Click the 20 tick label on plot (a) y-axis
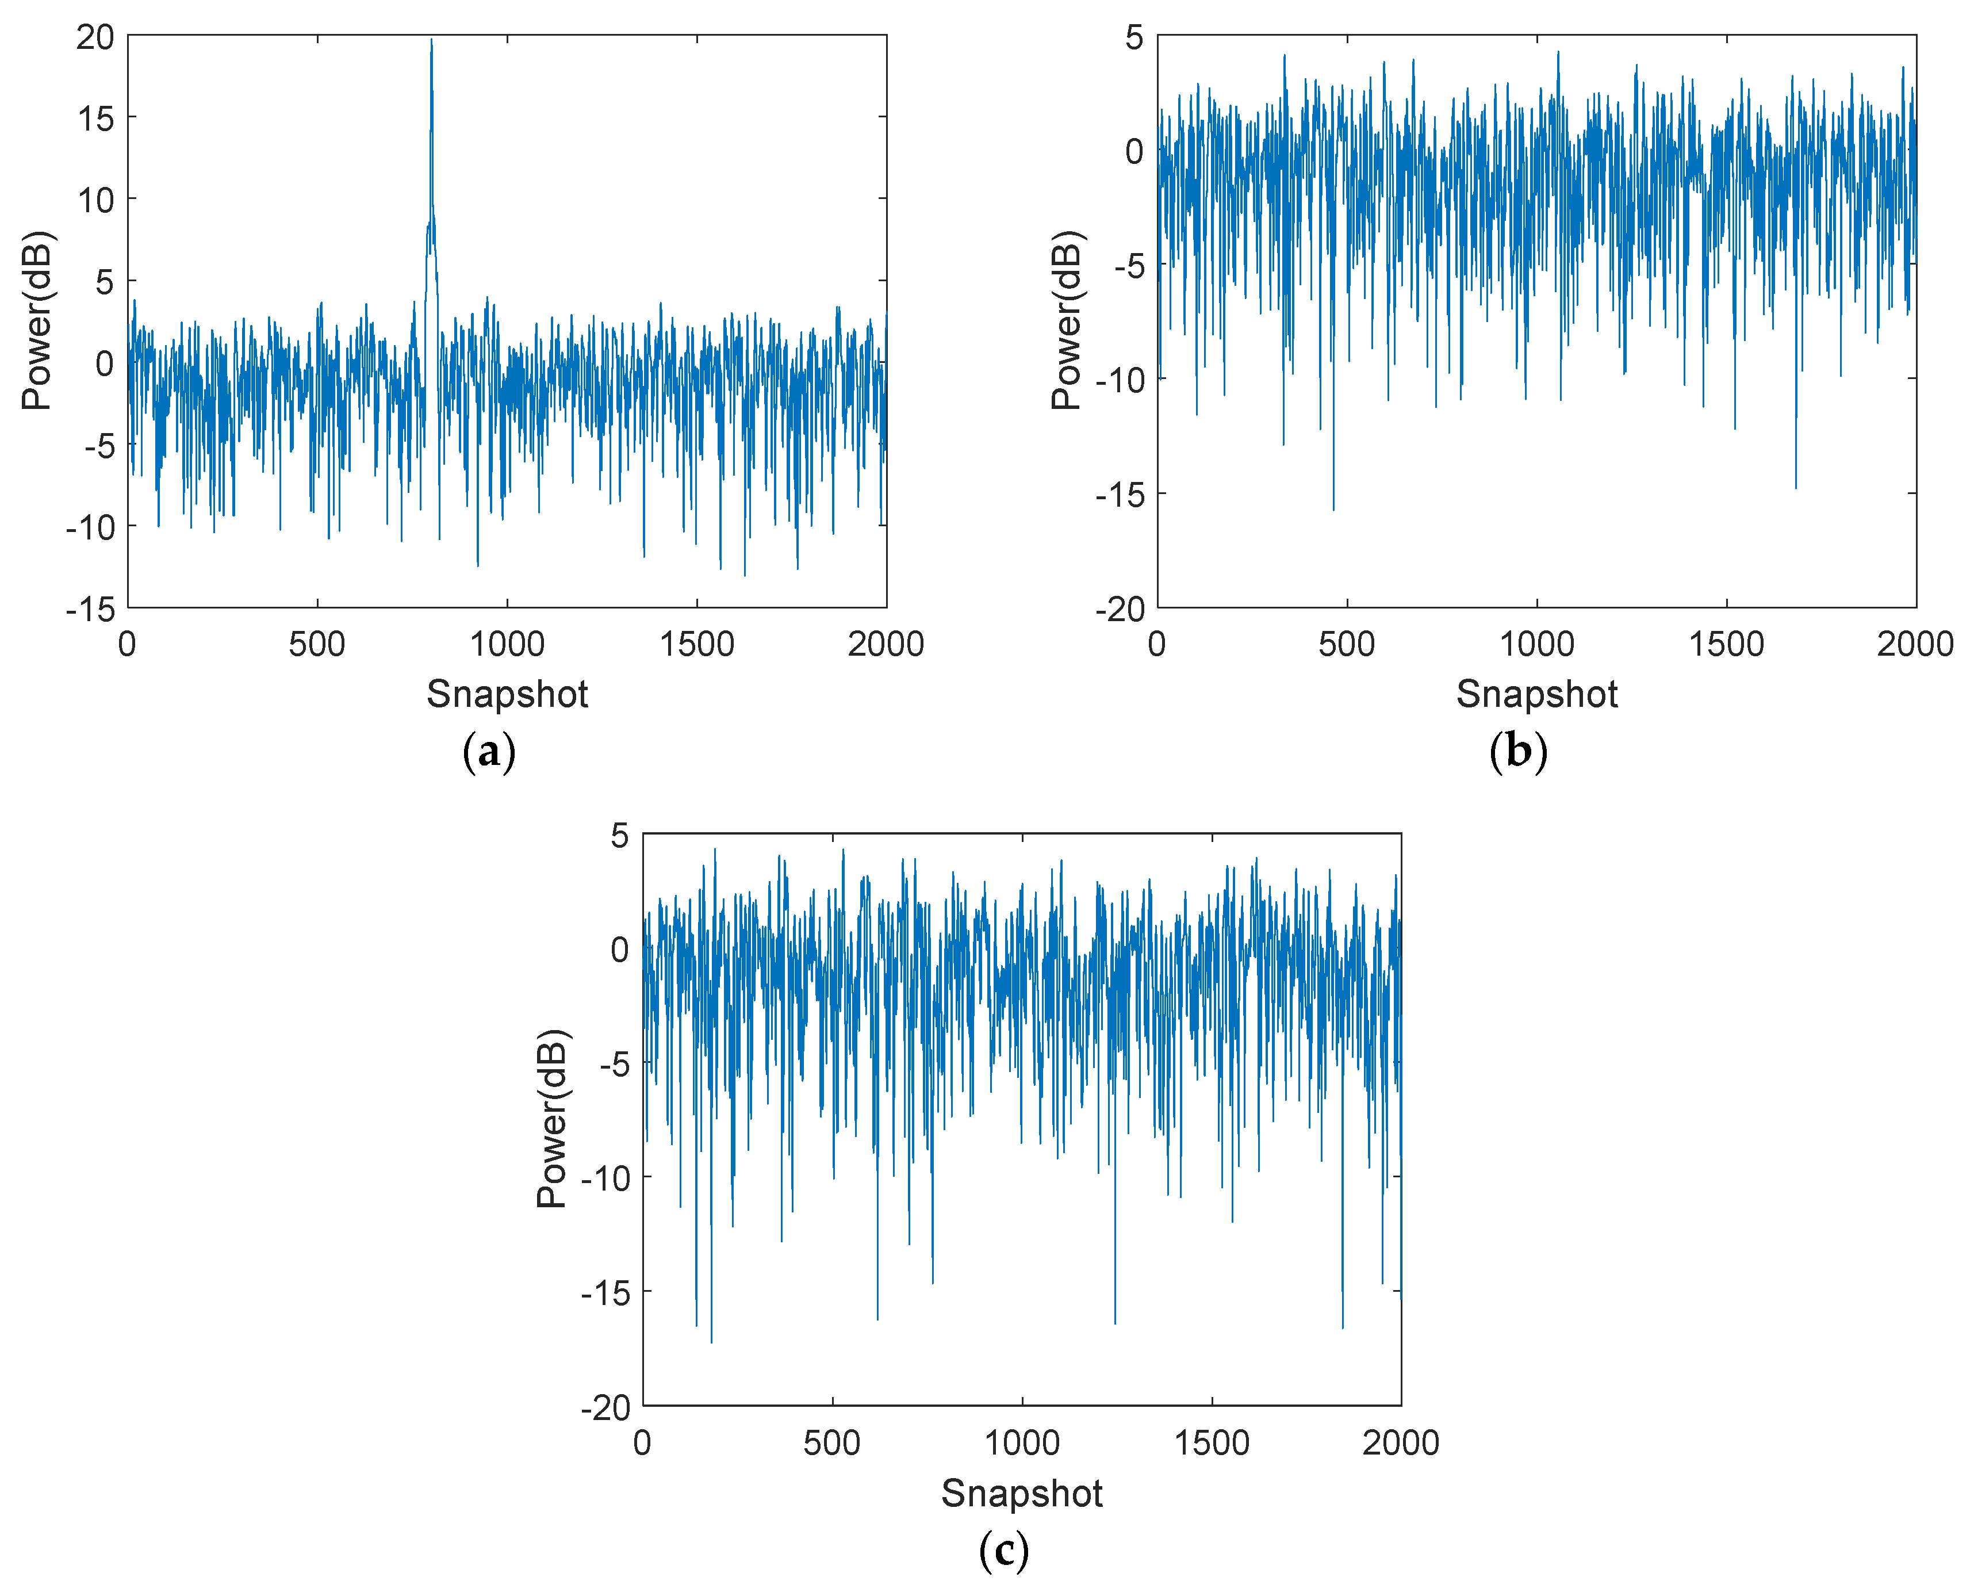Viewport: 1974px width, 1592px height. (x=95, y=37)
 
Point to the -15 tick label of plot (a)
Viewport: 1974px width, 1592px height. (x=91, y=609)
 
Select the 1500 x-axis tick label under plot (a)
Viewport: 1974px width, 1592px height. (x=697, y=645)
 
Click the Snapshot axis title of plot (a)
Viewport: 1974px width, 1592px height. (x=507, y=694)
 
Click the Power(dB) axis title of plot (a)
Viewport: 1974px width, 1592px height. (x=39, y=321)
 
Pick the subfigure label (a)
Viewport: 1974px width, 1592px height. (x=489, y=752)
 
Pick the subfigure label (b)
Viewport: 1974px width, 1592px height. (x=1519, y=752)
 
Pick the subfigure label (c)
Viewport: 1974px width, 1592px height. (x=1004, y=1551)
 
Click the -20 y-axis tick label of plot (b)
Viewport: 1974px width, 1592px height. (x=1121, y=609)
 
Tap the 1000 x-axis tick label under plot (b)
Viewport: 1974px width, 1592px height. (x=1536, y=645)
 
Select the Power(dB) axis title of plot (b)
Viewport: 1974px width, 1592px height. (x=1068, y=321)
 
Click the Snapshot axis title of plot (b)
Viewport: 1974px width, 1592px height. (x=1536, y=694)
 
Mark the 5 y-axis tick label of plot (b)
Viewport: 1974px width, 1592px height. (x=1135, y=37)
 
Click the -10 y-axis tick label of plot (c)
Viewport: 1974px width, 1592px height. (x=606, y=1178)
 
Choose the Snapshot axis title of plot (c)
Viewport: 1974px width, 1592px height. (x=1021, y=1494)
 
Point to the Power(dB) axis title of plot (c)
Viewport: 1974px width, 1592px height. (x=553, y=1119)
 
